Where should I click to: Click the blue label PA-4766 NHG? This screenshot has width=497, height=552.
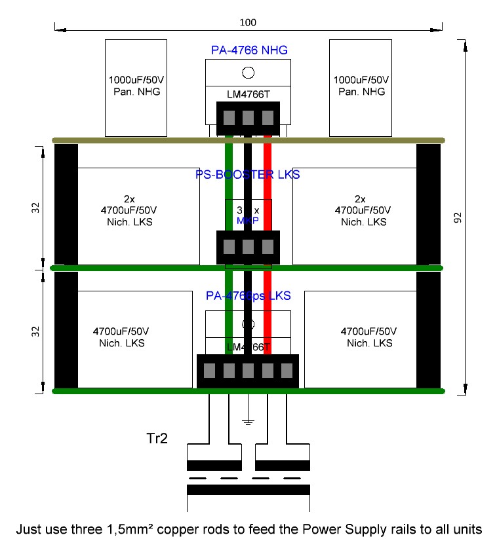[x=248, y=50]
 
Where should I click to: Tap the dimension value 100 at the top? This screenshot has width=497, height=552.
[x=248, y=22]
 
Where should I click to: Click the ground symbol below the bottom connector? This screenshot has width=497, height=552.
[x=248, y=420]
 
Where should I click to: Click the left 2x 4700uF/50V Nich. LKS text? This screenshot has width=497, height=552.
[x=138, y=210]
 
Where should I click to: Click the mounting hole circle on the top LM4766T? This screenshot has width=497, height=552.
[x=248, y=73]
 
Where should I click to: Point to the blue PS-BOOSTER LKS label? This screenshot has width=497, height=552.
[x=248, y=174]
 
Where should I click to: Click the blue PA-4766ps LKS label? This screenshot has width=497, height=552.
[x=248, y=296]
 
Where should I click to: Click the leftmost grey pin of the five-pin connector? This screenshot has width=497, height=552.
[x=210, y=371]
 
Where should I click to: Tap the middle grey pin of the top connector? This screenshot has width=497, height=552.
[x=248, y=118]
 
